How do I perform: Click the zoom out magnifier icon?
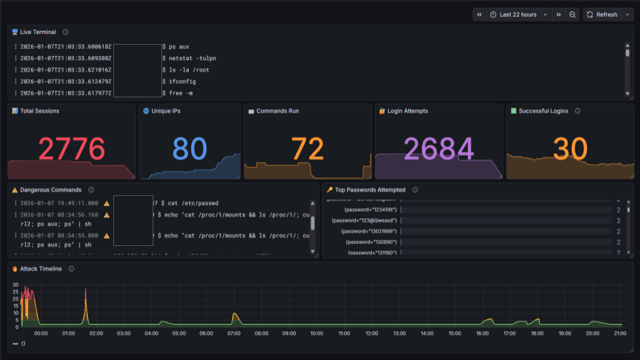573,15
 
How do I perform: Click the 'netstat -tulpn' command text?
192,59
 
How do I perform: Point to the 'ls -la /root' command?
189,70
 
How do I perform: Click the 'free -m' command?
181,93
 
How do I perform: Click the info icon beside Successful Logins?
577,111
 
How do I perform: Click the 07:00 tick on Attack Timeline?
233,333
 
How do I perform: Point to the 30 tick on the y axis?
16,285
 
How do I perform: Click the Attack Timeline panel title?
41,269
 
